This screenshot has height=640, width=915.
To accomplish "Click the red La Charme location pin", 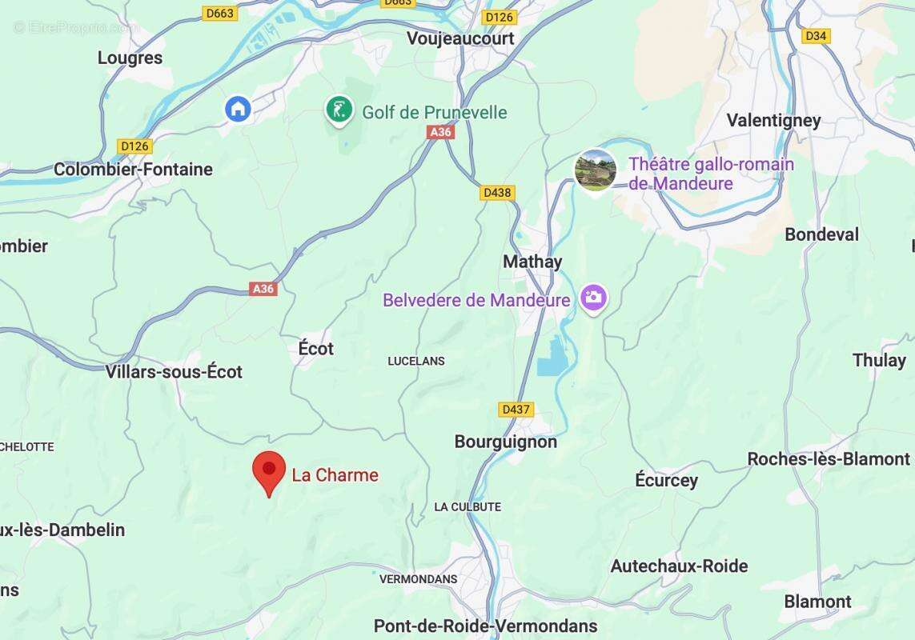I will (269, 470).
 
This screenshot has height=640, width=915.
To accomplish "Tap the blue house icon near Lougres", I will (238, 108).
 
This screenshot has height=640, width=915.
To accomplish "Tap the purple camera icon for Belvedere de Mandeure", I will (593, 298).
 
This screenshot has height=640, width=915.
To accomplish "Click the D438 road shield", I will (498, 193).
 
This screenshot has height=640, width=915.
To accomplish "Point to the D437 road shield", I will (516, 410).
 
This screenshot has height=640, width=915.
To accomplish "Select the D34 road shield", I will (816, 36).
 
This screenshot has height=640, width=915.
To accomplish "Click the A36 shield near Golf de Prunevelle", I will (440, 132).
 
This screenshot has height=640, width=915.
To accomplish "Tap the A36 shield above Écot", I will (263, 289).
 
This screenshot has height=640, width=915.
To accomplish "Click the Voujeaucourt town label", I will (460, 38).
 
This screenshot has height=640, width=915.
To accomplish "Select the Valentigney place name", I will (773, 121).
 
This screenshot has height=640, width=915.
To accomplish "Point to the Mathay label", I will (532, 262).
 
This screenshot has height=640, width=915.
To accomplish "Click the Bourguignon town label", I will (505, 442).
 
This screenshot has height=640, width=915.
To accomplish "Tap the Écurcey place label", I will (666, 480).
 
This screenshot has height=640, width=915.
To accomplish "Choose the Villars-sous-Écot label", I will (174, 371).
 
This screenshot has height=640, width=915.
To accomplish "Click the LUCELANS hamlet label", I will (415, 362).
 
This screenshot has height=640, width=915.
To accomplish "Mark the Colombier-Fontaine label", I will (133, 170).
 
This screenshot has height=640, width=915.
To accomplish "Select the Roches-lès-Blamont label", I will (829, 459).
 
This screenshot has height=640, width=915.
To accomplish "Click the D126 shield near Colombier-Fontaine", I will (134, 146).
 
